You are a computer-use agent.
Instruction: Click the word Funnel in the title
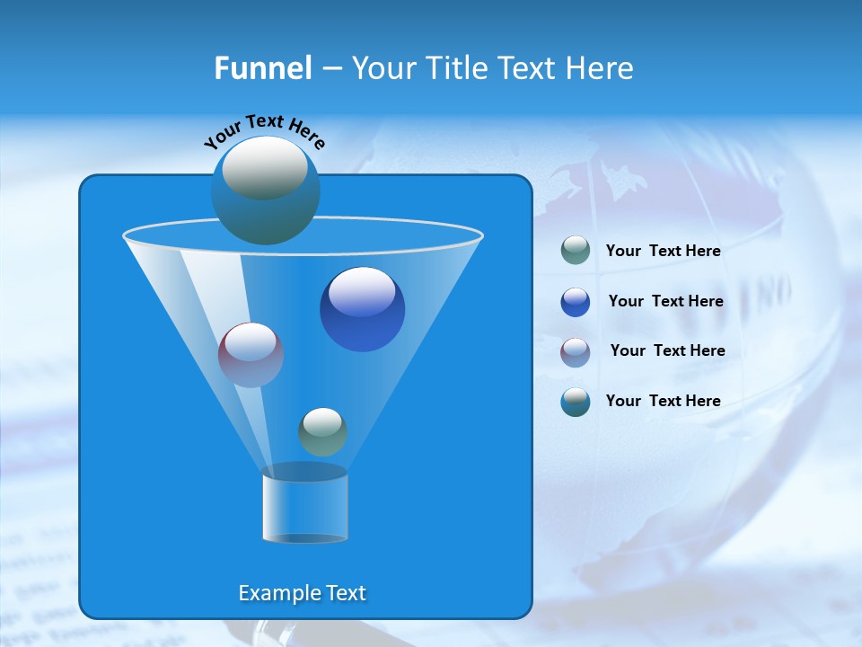263,68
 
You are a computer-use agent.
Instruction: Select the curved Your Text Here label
264,131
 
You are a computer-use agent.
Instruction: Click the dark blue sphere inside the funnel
362,310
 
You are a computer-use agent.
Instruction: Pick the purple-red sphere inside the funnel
251,355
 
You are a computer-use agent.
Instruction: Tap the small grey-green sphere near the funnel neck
322,431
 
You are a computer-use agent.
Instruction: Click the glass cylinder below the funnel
304,505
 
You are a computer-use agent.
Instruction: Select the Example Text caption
302,593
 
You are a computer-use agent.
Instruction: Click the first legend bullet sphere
575,251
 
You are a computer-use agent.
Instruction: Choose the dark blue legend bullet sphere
575,302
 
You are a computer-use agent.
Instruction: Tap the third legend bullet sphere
575,351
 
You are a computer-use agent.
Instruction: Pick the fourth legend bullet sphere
575,402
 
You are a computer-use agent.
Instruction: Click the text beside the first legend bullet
663,252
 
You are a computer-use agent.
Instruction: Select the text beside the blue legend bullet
665,302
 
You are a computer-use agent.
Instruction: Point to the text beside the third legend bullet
667,351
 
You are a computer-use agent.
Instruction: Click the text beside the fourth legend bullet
663,401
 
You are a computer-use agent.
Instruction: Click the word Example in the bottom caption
273,593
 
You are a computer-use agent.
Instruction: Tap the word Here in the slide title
599,68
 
